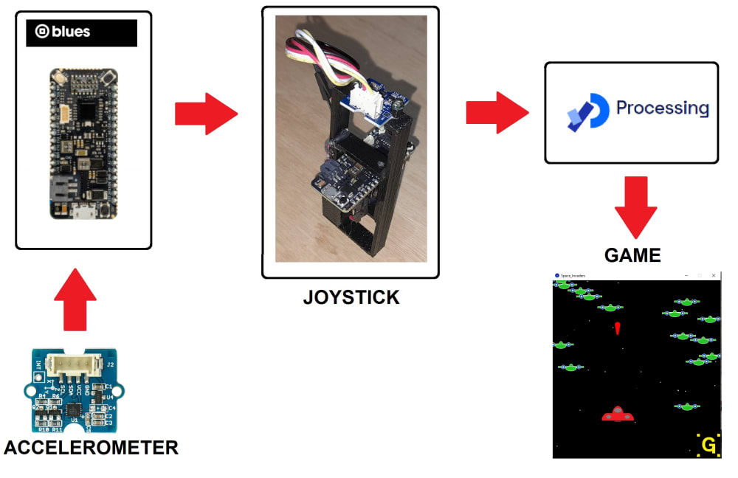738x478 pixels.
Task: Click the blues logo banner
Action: coord(81,33)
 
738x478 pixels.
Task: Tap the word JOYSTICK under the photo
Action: coord(351,297)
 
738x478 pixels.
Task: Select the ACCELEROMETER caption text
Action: coord(91,447)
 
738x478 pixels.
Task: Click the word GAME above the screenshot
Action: coord(632,255)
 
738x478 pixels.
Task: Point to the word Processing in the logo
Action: coord(662,108)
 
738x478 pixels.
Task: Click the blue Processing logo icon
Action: coord(587,111)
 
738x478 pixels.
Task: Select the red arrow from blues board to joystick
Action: coord(206,114)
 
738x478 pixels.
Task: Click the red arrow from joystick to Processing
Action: coord(497,113)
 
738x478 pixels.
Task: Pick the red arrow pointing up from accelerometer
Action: coord(75,299)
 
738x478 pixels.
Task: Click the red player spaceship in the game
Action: coord(618,415)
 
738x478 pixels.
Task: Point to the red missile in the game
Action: coord(617,328)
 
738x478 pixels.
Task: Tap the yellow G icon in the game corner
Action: coord(708,446)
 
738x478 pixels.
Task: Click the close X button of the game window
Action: coord(714,275)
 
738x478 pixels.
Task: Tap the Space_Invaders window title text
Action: coord(573,275)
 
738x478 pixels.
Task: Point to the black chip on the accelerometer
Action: coord(74,408)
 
